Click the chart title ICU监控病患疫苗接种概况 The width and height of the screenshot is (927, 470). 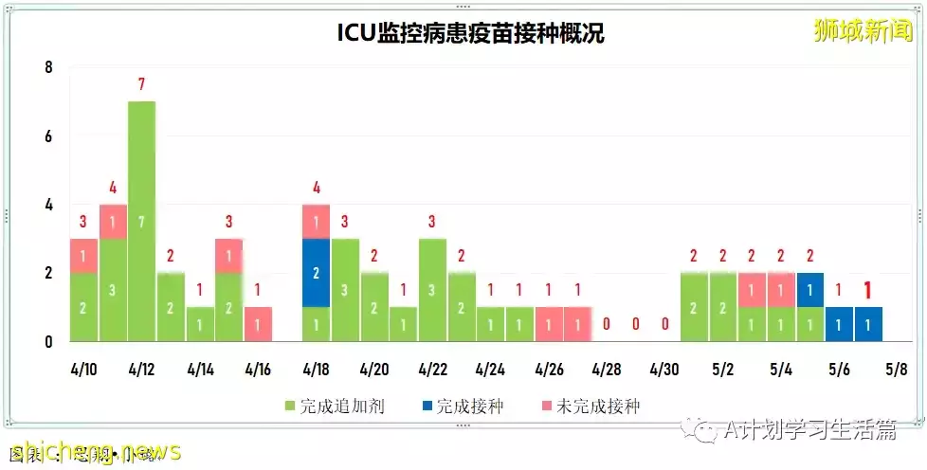pyautogui.click(x=471, y=33)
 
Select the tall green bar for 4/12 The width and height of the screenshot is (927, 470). pyautogui.click(x=141, y=221)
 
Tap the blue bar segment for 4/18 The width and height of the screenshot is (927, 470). pyautogui.click(x=317, y=273)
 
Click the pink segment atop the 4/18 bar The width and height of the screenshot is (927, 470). pyautogui.click(x=317, y=222)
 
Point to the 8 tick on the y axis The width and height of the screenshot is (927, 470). pyautogui.click(x=48, y=68)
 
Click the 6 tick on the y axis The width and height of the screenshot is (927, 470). pyautogui.click(x=48, y=136)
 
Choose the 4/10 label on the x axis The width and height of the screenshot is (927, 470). pyautogui.click(x=83, y=369)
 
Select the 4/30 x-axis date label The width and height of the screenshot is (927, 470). pyautogui.click(x=665, y=369)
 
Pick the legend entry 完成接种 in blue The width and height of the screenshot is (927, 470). pyautogui.click(x=463, y=407)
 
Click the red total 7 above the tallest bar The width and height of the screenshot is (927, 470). pyautogui.click(x=141, y=85)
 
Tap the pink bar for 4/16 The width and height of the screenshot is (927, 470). pyautogui.click(x=258, y=324)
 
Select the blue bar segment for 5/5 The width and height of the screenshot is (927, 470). pyautogui.click(x=810, y=290)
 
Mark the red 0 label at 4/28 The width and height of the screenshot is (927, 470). pyautogui.click(x=608, y=324)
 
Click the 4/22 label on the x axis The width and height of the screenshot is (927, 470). pyautogui.click(x=433, y=369)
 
